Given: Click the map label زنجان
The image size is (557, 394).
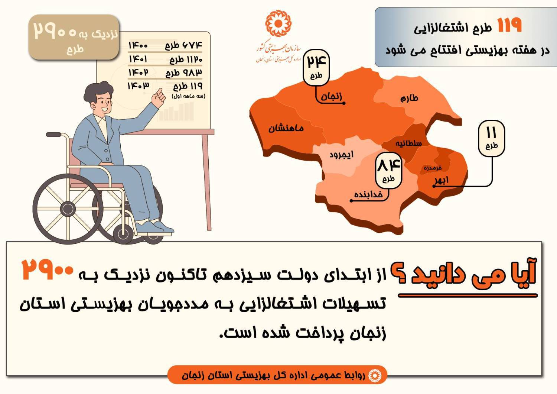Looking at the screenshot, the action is pyautogui.click(x=331, y=96).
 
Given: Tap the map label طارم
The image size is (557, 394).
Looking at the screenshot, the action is pyautogui.click(x=409, y=98).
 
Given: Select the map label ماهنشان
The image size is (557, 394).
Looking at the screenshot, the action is pyautogui.click(x=286, y=129).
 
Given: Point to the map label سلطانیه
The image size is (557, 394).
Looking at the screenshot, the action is pyautogui.click(x=409, y=143).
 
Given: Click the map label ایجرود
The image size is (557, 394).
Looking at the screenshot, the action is pyautogui.click(x=341, y=155).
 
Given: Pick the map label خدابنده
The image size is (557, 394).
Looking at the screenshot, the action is pyautogui.click(x=368, y=194).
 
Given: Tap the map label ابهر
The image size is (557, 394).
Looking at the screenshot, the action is pyautogui.click(x=442, y=180).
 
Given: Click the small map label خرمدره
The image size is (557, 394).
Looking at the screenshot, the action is pyautogui.click(x=433, y=168).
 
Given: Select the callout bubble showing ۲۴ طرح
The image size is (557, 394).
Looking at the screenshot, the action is pyautogui.click(x=316, y=68).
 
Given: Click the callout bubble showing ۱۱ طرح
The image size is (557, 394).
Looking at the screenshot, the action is pyautogui.click(x=491, y=138).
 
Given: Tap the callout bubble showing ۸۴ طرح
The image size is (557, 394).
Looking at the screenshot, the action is pyautogui.click(x=388, y=171).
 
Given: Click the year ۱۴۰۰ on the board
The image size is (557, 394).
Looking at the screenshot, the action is pyautogui.click(x=138, y=46).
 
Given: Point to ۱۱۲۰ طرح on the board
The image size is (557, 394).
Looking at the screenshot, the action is pyautogui.click(x=186, y=60).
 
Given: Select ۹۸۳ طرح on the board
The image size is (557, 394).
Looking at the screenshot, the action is pyautogui.click(x=184, y=73).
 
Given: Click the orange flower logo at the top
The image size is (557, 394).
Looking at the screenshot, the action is pyautogui.click(x=278, y=23).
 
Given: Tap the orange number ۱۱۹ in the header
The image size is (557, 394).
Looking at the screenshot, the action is pyautogui.click(x=509, y=25).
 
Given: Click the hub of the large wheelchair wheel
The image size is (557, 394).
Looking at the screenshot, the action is pyautogui.click(x=68, y=209).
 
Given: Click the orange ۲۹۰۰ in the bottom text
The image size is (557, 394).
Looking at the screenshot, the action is pyautogui.click(x=47, y=269).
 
